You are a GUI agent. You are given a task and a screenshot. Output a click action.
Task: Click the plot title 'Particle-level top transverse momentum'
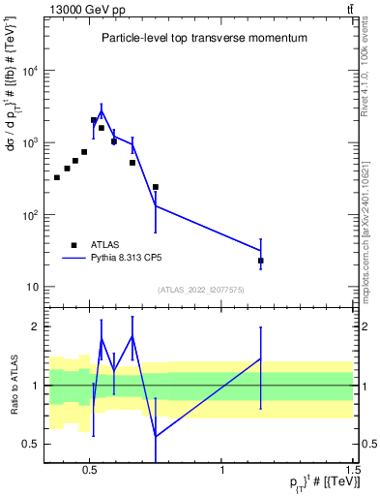(x=204, y=39)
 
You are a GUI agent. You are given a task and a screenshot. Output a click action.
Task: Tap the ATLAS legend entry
(x=105, y=245)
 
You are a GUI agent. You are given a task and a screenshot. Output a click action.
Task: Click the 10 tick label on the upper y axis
(x=33, y=287)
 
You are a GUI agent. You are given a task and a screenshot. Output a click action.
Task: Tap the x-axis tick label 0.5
(x=90, y=468)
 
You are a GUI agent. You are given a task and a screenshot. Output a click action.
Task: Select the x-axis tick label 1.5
(x=354, y=468)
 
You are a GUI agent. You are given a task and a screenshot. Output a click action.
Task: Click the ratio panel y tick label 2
(x=36, y=326)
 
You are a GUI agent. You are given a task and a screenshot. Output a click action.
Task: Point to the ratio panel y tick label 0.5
(x=31, y=444)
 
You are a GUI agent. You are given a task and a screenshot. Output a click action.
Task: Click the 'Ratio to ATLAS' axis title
(x=15, y=386)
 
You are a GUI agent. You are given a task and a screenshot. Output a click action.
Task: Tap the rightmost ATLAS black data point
(x=261, y=261)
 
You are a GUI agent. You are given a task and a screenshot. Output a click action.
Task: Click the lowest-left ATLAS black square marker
(x=57, y=177)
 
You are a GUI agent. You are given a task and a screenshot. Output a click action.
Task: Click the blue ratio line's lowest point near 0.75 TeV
(x=156, y=436)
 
